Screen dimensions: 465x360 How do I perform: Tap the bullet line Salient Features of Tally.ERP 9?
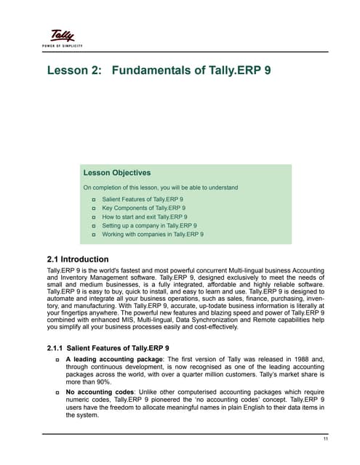tap(143, 198)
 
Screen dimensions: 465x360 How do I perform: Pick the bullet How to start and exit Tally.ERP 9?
tap(145, 217)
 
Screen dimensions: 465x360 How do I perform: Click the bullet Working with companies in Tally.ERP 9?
tap(153, 235)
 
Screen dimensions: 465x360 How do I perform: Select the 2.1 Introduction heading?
tap(78, 259)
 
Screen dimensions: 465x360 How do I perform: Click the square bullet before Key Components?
tap(94, 208)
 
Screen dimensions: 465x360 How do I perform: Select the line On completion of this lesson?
tap(160, 187)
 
